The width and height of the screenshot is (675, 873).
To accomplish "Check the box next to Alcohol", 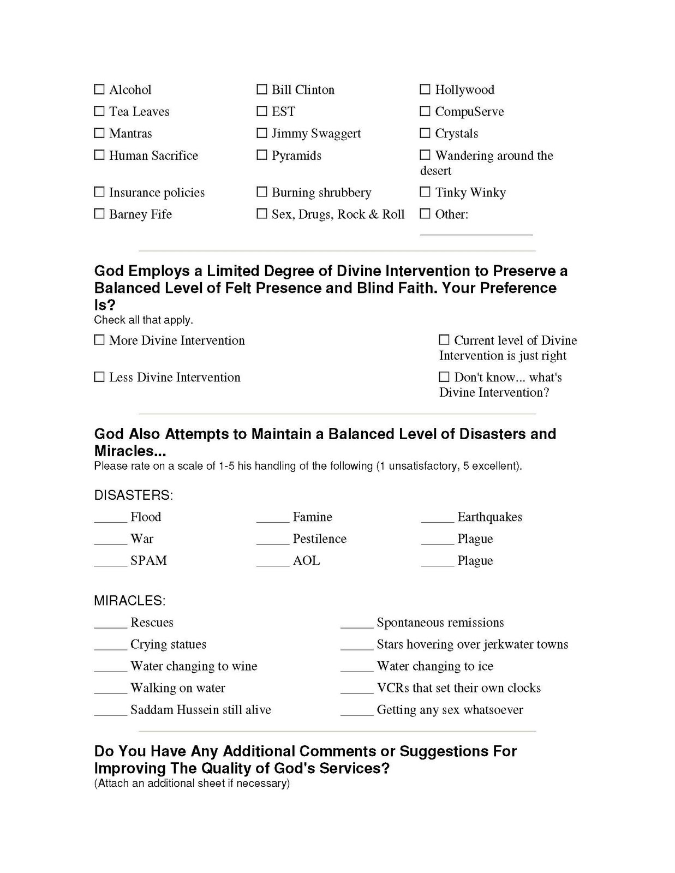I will click(99, 89).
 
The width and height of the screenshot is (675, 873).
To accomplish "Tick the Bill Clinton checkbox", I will click(262, 89).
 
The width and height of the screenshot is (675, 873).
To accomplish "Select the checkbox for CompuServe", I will click(425, 111).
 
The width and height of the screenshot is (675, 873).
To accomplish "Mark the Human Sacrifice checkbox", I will click(99, 155).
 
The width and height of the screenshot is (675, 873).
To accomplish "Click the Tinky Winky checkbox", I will click(425, 192).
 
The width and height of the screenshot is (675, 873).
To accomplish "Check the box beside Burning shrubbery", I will click(262, 192).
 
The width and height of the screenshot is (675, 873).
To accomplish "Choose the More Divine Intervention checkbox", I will click(99, 340).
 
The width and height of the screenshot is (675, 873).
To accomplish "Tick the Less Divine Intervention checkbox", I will click(99, 377).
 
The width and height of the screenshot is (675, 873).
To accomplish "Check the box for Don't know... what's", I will click(444, 377).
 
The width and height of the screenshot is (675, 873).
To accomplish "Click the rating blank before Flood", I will click(110, 519).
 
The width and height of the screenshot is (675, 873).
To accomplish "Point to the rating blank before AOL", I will click(272, 563).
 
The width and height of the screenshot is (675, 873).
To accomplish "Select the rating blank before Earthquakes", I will click(437, 519).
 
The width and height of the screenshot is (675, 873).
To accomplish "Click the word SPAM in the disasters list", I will click(148, 560).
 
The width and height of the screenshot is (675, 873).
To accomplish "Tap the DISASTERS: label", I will click(133, 495).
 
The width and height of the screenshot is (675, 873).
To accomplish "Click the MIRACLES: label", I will click(129, 601).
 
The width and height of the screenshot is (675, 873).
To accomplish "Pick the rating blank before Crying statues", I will click(110, 647).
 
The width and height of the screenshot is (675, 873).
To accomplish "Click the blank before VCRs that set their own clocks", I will click(356, 691).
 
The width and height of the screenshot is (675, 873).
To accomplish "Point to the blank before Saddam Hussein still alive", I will click(110, 713).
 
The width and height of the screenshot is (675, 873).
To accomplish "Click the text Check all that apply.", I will click(144, 320).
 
